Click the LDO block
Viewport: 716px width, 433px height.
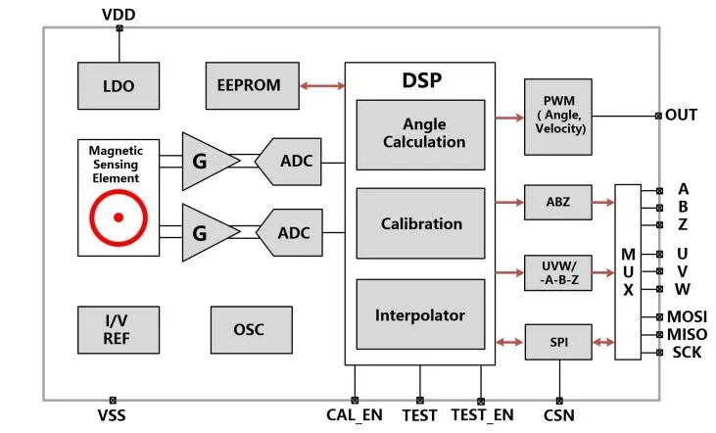(119, 86)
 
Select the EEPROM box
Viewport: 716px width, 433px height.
(249, 85)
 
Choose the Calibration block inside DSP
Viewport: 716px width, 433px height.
(420, 223)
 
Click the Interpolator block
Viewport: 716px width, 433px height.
(420, 314)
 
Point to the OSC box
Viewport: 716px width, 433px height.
(249, 329)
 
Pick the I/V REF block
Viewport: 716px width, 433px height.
(119, 329)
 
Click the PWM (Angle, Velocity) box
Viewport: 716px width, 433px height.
(558, 117)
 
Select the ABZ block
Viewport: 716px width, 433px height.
(558, 203)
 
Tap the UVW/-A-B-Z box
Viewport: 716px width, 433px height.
(558, 271)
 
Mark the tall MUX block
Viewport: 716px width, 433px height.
(628, 264)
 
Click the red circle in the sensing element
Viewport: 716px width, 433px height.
(119, 217)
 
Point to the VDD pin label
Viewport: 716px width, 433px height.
(119, 13)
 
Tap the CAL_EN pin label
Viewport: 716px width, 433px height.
(354, 415)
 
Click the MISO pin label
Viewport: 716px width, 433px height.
(687, 334)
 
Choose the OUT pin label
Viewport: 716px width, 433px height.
(682, 115)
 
